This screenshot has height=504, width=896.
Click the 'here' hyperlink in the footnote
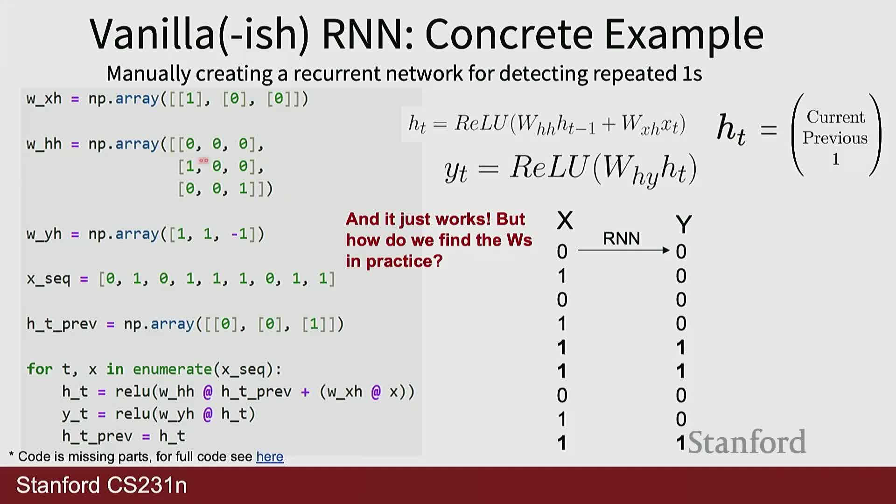point(270,456)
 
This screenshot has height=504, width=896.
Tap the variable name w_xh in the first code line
point(44,99)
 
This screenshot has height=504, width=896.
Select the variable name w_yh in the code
point(44,234)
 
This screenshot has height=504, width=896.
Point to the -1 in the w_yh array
point(239,234)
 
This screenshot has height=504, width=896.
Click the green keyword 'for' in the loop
point(39,369)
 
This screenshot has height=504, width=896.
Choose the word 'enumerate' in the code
point(172,369)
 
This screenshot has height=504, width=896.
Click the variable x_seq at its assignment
point(49,279)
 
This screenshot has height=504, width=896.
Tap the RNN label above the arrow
point(621,238)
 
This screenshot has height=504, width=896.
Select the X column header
point(565,220)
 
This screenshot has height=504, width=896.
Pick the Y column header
point(683,224)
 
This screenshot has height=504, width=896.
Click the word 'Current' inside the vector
point(835,117)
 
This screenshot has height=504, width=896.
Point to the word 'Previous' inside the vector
point(835,138)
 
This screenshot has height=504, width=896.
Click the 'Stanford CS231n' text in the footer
point(102,485)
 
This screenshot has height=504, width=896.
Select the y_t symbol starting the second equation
point(455,171)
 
